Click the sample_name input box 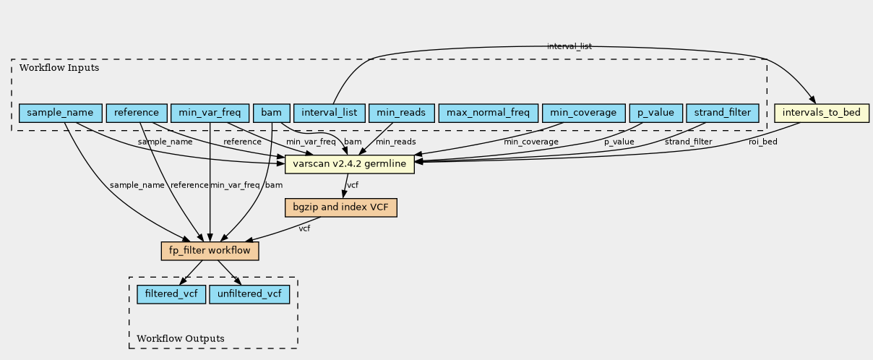pyautogui.click(x=60, y=113)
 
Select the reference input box pyautogui.click(x=136, y=113)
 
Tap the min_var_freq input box pyautogui.click(x=210, y=113)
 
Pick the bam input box pyautogui.click(x=272, y=113)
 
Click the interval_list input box pyautogui.click(x=329, y=113)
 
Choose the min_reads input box pyautogui.click(x=402, y=113)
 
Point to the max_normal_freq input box pyautogui.click(x=488, y=113)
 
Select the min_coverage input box pyautogui.click(x=583, y=113)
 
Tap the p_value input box pyautogui.click(x=655, y=113)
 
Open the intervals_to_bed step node pyautogui.click(x=821, y=113)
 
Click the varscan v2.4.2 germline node pyautogui.click(x=350, y=163)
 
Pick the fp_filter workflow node pyautogui.click(x=210, y=251)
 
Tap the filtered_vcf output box pyautogui.click(x=171, y=294)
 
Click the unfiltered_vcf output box pyautogui.click(x=249, y=294)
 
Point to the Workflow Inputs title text pyautogui.click(x=59, y=68)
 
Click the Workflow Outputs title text pyautogui.click(x=180, y=338)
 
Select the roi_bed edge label pyautogui.click(x=762, y=142)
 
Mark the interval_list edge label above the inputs pyautogui.click(x=569, y=46)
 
